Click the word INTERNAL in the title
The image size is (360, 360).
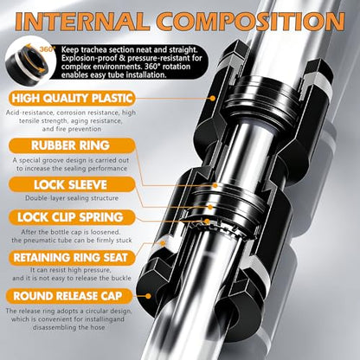pyautogui.click(x=82, y=22)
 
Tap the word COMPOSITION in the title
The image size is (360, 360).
pyautogui.click(x=251, y=22)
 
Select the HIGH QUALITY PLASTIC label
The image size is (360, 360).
pyautogui.click(x=72, y=99)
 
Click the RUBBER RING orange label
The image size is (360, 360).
pyautogui.click(x=72, y=145)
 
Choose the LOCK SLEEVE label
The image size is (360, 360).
pyautogui.click(x=72, y=184)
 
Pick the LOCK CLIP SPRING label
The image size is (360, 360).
pyautogui.click(x=72, y=217)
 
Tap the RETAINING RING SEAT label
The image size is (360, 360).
pyautogui.click(x=72, y=258)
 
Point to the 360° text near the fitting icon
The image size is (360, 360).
pyautogui.click(x=47, y=49)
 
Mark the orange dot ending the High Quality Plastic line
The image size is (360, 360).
pyautogui.click(x=213, y=98)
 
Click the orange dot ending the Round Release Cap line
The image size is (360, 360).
pyautogui.click(x=148, y=296)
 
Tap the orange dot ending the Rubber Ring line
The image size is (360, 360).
pyautogui.click(x=215, y=185)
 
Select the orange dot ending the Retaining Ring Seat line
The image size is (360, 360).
pyautogui.click(x=163, y=243)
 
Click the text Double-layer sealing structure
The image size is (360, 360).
pyautogui.click(x=72, y=198)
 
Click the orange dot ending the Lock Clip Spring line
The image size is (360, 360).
pyautogui.click(x=207, y=222)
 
